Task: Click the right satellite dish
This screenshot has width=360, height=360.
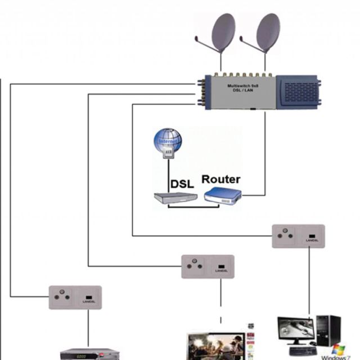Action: pos(267,32)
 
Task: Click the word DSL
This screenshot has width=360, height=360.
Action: pos(182,182)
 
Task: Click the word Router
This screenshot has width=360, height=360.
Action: pos(221,179)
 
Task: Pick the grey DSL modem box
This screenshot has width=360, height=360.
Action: pos(175,197)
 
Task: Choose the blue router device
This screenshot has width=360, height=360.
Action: pos(223,196)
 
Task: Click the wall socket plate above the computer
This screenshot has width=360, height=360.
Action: pos(298,236)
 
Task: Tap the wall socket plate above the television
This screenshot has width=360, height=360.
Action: pos(207,266)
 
